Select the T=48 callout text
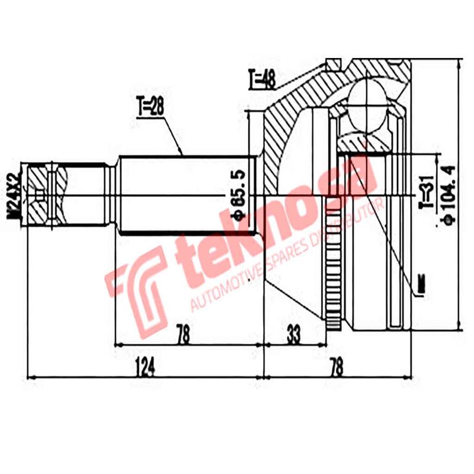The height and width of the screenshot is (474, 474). click(x=261, y=79)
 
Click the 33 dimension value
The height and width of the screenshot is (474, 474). click(x=293, y=335)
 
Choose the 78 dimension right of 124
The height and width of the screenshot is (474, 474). click(x=336, y=368)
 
